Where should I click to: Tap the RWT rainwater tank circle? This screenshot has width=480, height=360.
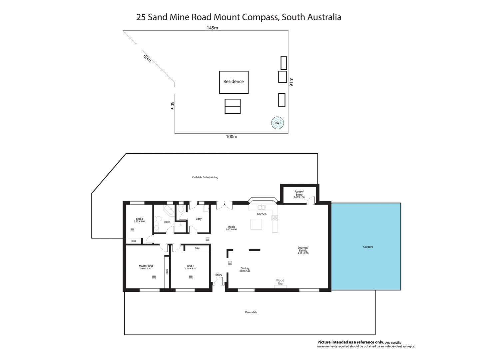[x=277, y=123]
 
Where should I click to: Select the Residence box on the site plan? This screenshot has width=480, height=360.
[x=234, y=82]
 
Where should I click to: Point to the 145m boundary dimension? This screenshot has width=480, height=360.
[x=212, y=28]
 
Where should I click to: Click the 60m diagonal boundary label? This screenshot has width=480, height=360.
[x=147, y=58]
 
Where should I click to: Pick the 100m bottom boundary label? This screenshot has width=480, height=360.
[x=232, y=137]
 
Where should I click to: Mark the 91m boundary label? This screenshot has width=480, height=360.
[x=291, y=82]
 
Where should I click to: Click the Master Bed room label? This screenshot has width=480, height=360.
[x=146, y=266]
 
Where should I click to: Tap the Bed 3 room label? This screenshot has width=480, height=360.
[x=139, y=219]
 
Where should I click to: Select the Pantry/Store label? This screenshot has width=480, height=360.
[x=299, y=193]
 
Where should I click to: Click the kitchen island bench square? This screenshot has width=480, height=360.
[x=256, y=224]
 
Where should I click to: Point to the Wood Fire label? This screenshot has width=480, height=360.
[x=280, y=282]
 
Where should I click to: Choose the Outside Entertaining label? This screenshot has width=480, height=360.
[x=205, y=177]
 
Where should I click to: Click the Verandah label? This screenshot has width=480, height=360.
[x=251, y=312]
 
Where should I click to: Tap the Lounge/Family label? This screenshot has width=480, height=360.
[x=303, y=249]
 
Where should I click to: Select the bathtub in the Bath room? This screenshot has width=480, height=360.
[x=169, y=211]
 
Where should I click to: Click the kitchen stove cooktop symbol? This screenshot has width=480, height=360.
[x=275, y=218]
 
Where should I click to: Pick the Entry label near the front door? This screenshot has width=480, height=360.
[x=219, y=275]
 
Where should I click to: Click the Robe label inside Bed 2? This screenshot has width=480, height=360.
[x=197, y=248]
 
